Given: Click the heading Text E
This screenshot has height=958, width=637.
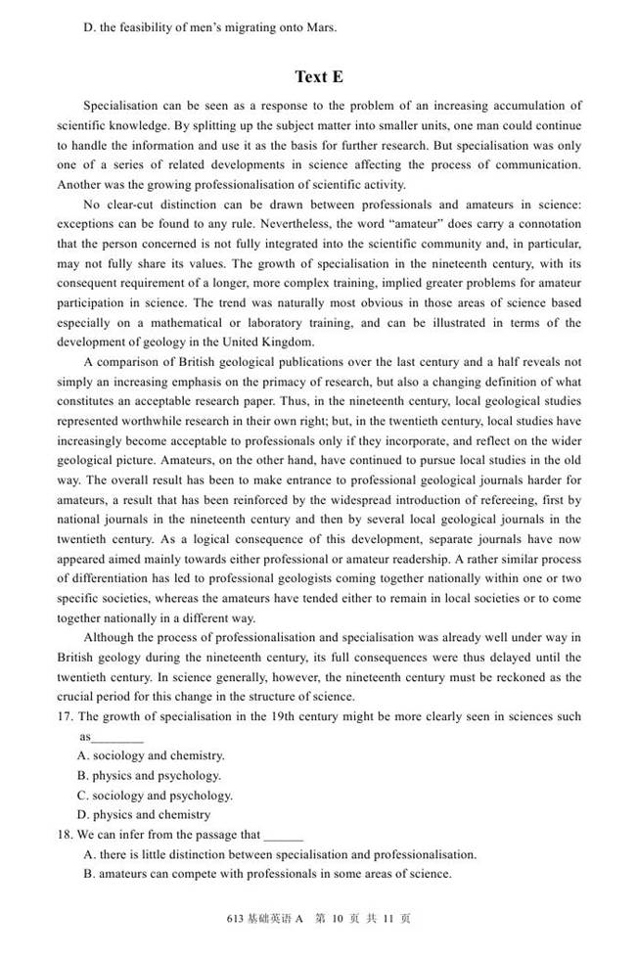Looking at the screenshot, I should click(x=319, y=76).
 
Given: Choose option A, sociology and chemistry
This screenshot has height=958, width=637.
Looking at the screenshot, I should click(x=151, y=755).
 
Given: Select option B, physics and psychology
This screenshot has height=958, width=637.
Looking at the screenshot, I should click(x=149, y=775).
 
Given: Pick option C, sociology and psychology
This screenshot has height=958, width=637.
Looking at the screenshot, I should click(x=155, y=796).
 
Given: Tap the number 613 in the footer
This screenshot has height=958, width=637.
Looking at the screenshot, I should click(x=235, y=919).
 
